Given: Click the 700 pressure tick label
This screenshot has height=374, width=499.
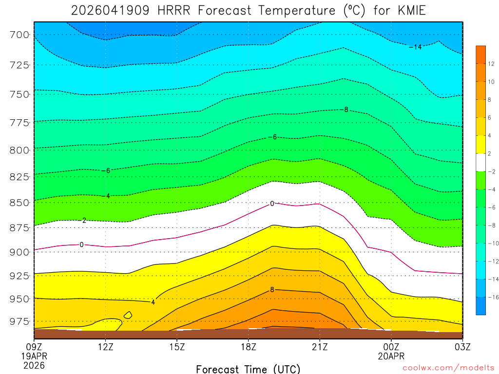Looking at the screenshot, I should pyautogui.click(x=20, y=35).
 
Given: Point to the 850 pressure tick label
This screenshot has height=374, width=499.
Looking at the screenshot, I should pyautogui.click(x=20, y=202).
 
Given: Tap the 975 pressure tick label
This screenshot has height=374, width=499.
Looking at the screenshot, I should pyautogui.click(x=20, y=321).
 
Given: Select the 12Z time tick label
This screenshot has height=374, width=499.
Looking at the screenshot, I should pyautogui.click(x=106, y=347).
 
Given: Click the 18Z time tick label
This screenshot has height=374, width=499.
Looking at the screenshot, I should pyautogui.click(x=248, y=347).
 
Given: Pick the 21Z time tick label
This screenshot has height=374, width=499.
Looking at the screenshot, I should pyautogui.click(x=320, y=347).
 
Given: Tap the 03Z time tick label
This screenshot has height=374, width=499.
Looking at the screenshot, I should pyautogui.click(x=462, y=347).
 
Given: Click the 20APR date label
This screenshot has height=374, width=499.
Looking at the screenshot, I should pyautogui.click(x=391, y=356).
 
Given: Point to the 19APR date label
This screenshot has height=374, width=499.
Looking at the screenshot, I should pyautogui.click(x=34, y=356).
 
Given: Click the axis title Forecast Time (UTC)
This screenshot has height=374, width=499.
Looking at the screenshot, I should pyautogui.click(x=248, y=369).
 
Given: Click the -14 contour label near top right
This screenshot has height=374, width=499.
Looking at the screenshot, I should pyautogui.click(x=415, y=47).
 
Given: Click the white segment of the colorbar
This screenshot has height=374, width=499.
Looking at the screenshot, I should pyautogui.click(x=480, y=163).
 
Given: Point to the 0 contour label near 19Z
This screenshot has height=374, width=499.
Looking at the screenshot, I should pyautogui.click(x=272, y=204).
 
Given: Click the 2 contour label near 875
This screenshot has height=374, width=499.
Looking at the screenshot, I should pyautogui.click(x=84, y=221).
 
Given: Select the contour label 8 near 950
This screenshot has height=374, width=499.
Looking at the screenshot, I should pyautogui.click(x=272, y=289).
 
